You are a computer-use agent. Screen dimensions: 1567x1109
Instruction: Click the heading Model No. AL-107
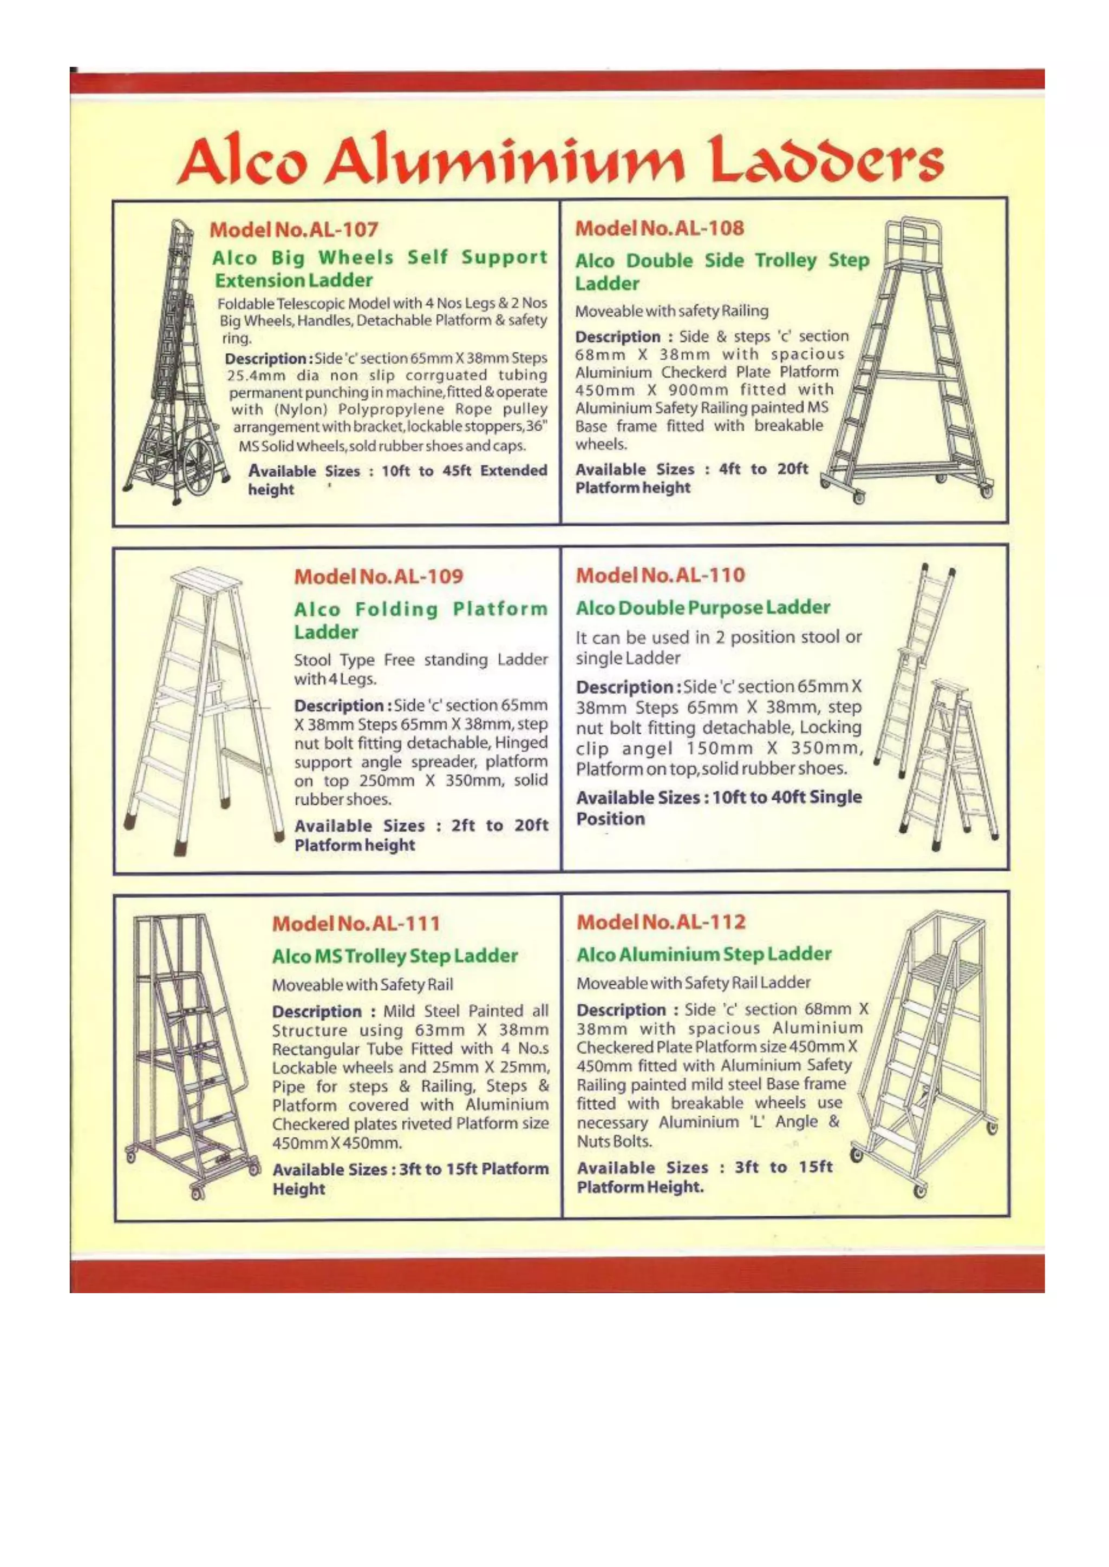coord(293,229)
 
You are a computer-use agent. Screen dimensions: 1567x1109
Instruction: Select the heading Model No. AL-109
coord(379,576)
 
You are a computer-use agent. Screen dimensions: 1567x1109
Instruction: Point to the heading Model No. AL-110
coord(660,575)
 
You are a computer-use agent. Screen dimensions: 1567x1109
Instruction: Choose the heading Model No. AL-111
coord(356,924)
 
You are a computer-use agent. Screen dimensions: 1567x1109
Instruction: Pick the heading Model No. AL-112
coord(661,922)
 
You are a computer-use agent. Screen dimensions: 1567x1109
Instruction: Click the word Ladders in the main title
coord(826,160)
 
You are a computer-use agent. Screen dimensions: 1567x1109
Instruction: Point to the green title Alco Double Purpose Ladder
coord(703,608)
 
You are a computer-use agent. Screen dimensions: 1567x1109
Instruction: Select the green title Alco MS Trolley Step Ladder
coord(395,956)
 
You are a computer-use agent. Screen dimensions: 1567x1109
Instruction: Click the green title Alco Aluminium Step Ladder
coord(704,954)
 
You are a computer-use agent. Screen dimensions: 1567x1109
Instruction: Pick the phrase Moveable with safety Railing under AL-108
coord(672,311)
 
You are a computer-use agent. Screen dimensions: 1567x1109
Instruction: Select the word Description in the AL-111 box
coord(317,1011)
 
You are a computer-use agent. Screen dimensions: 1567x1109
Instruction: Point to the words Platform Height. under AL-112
coord(640,1188)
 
